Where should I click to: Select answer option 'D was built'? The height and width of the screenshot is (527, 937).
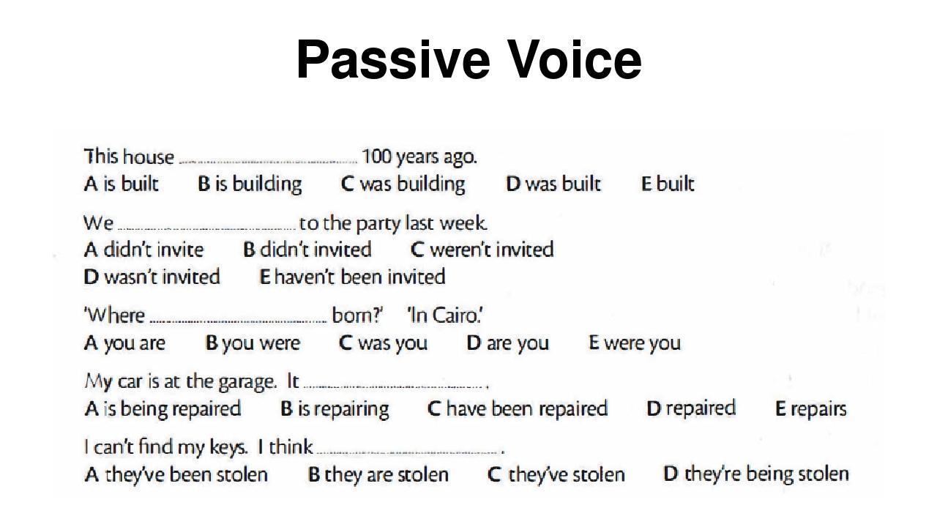553,184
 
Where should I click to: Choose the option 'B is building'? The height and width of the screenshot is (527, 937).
250,184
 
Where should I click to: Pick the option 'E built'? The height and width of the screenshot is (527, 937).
668,184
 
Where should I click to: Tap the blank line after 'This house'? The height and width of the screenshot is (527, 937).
269,162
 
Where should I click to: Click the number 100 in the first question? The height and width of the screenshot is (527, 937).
376,157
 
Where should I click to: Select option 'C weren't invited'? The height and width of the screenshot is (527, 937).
482,250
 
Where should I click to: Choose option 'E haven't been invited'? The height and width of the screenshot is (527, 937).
352,277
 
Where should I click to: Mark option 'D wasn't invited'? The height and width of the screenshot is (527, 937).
152,277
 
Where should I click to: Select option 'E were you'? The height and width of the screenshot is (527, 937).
635,343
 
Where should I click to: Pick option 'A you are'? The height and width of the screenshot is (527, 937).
124,343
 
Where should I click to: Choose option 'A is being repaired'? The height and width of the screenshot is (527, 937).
163,409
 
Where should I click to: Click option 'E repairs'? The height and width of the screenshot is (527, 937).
811,409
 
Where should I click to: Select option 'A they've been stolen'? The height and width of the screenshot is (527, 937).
176,475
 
